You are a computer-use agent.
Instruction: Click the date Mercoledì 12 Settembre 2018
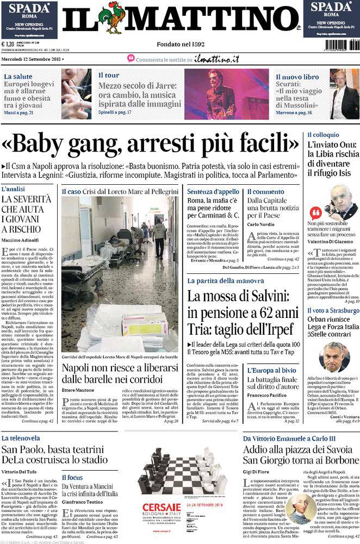point(32,58)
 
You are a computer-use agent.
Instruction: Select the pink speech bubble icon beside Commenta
point(131,58)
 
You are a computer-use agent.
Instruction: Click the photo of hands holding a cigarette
point(76,93)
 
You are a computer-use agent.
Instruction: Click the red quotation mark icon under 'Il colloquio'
point(315,212)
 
